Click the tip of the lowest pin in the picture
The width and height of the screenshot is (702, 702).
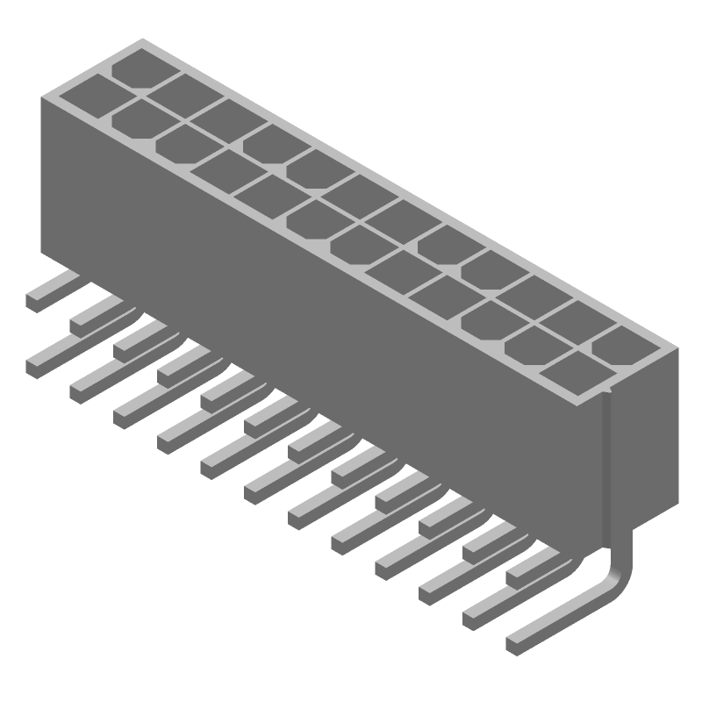pos(516,642)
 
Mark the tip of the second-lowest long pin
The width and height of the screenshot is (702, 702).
pos(472,616)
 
